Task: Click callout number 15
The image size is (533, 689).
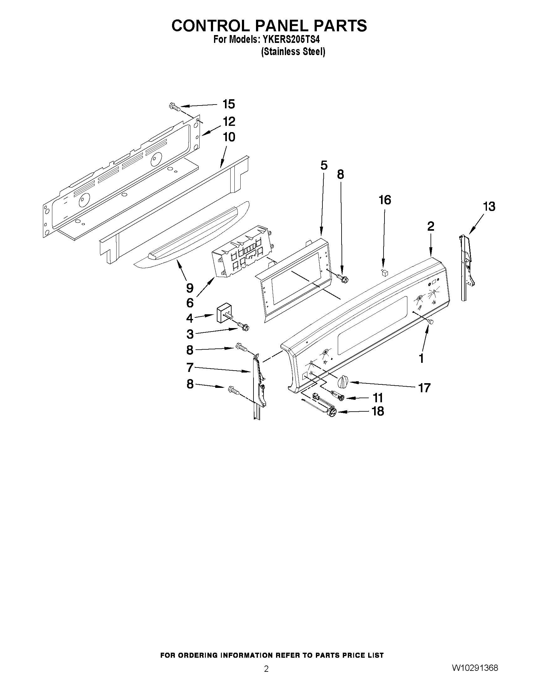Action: point(229,105)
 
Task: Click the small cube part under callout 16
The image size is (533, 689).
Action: point(384,272)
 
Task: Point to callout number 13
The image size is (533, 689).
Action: point(489,207)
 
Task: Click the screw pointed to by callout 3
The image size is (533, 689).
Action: point(243,326)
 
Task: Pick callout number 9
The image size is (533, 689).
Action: point(190,288)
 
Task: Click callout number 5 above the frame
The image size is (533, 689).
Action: point(324,166)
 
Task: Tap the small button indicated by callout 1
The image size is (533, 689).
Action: point(431,321)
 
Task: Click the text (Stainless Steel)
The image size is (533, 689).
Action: point(293,52)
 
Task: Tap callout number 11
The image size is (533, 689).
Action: point(378,398)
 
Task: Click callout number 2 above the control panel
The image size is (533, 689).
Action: point(431,226)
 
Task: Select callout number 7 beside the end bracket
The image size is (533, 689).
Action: point(190,367)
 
